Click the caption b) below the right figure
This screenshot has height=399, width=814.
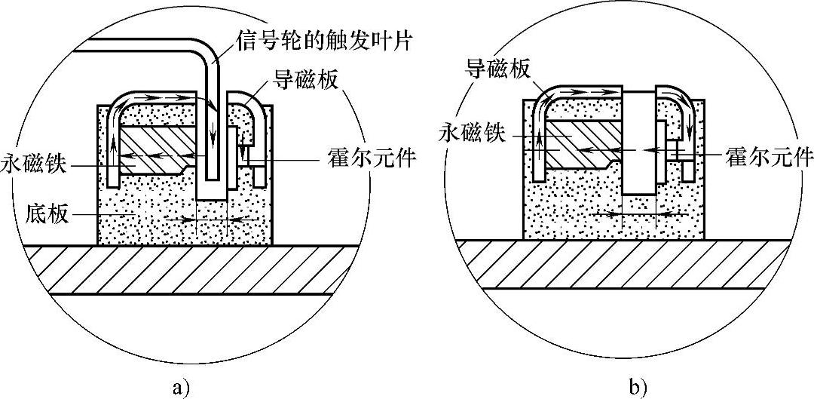638,388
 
